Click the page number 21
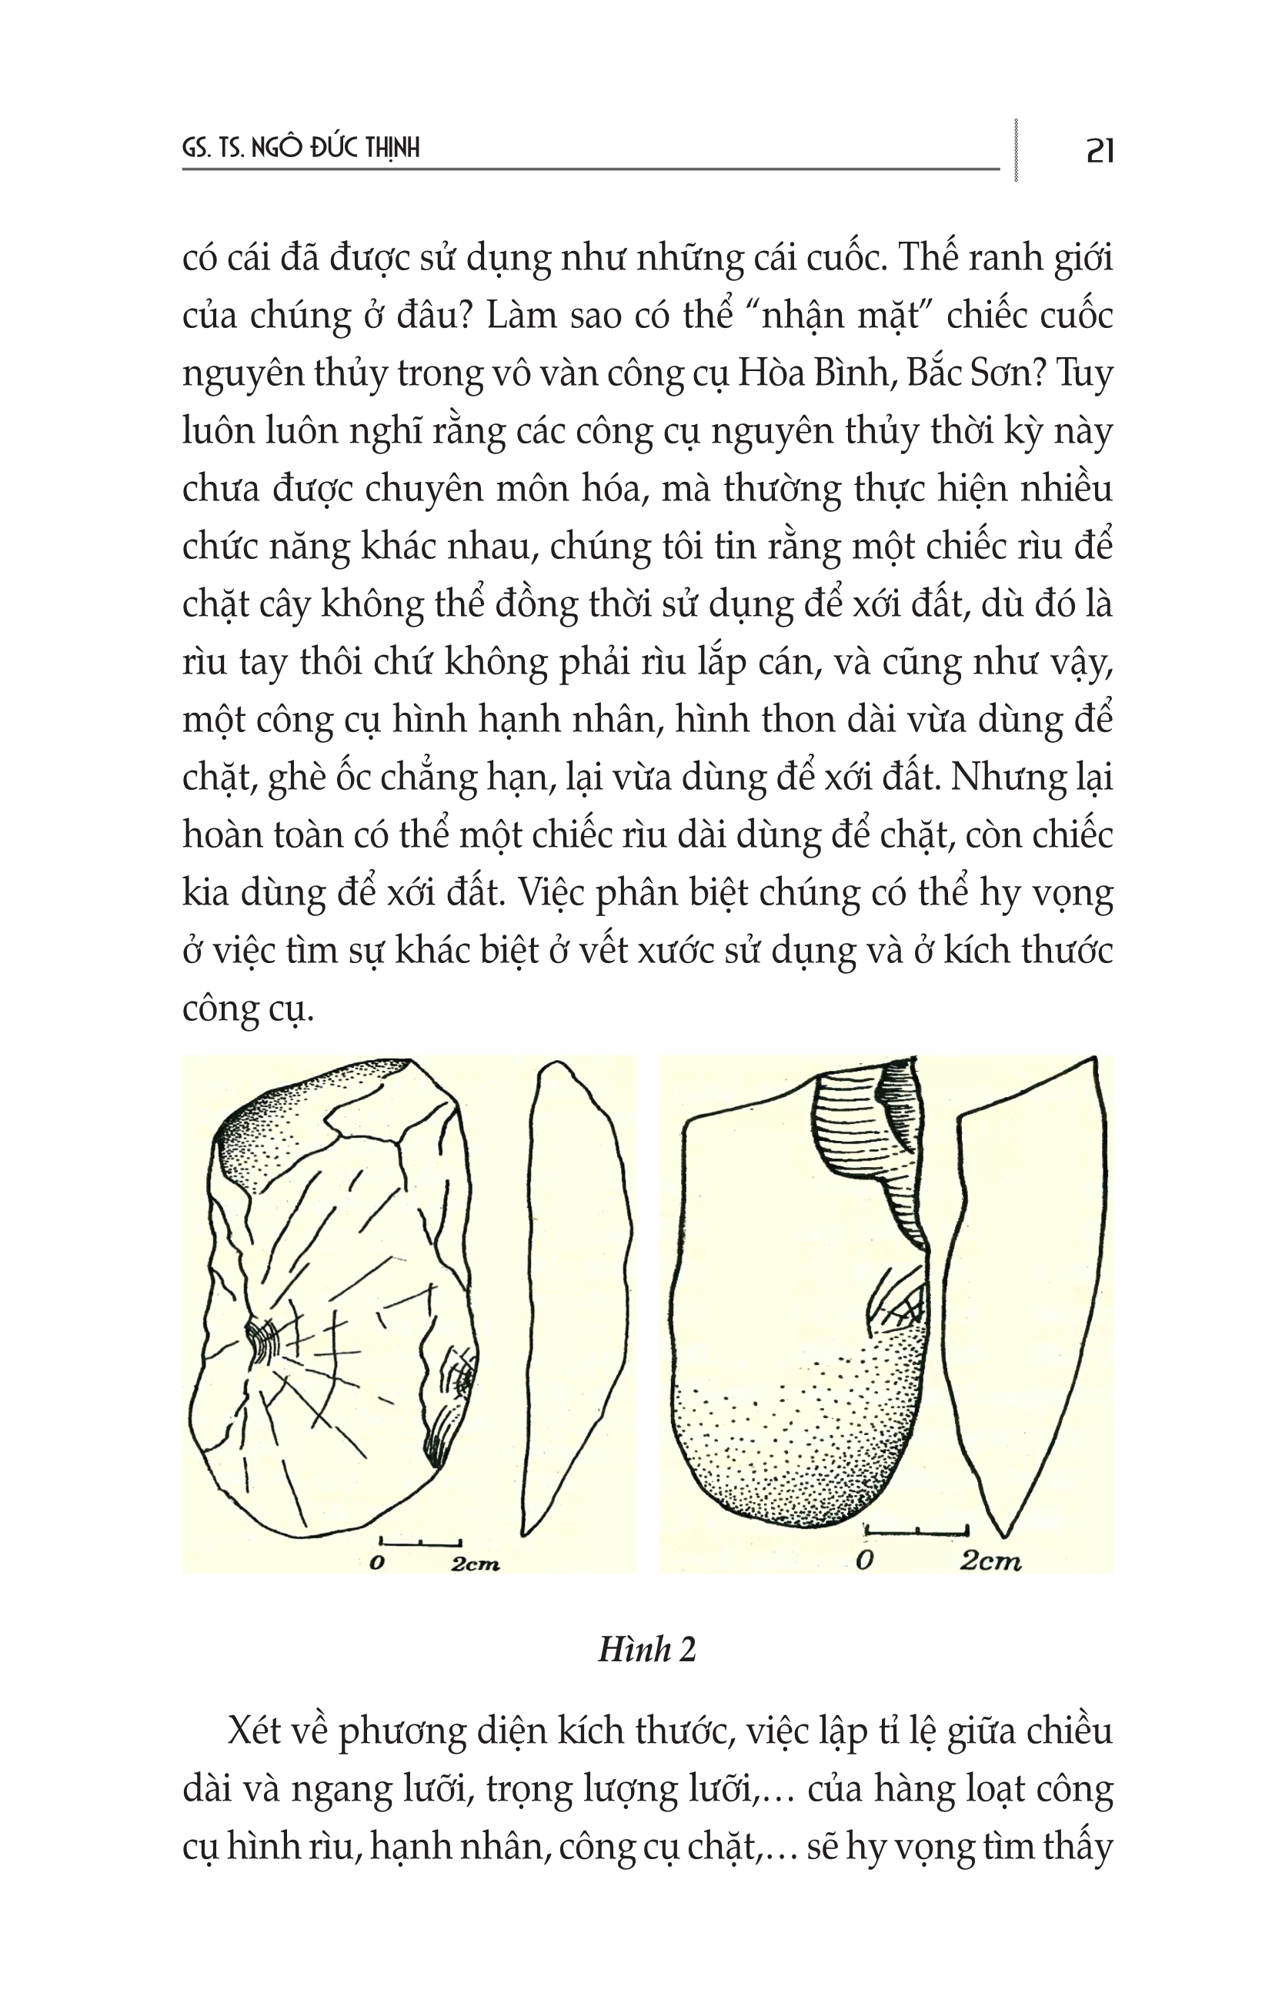click(1100, 150)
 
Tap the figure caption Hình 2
click(647, 1649)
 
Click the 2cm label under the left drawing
click(475, 1565)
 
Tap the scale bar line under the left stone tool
click(420, 1543)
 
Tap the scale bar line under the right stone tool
click(916, 1529)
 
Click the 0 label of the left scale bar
click(377, 1563)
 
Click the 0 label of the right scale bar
click(864, 1560)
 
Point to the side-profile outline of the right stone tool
click(1030, 1296)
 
